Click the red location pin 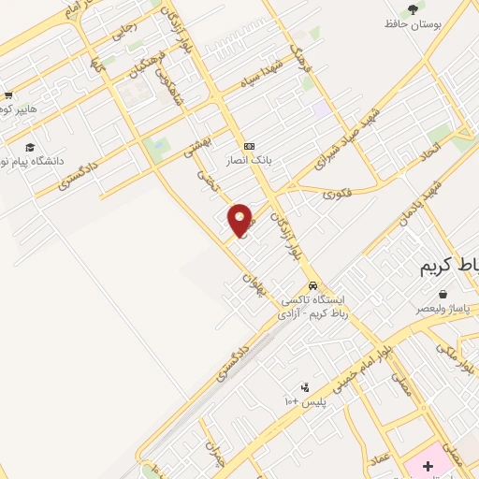(240, 219)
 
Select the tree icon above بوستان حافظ (413, 8)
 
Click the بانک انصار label (251, 160)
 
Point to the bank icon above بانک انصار (249, 146)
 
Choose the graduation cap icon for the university (29, 148)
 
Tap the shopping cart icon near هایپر (7, 95)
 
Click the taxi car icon (312, 286)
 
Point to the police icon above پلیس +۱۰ (305, 386)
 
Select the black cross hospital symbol (428, 465)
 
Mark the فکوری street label (337, 195)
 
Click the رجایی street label (124, 30)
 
